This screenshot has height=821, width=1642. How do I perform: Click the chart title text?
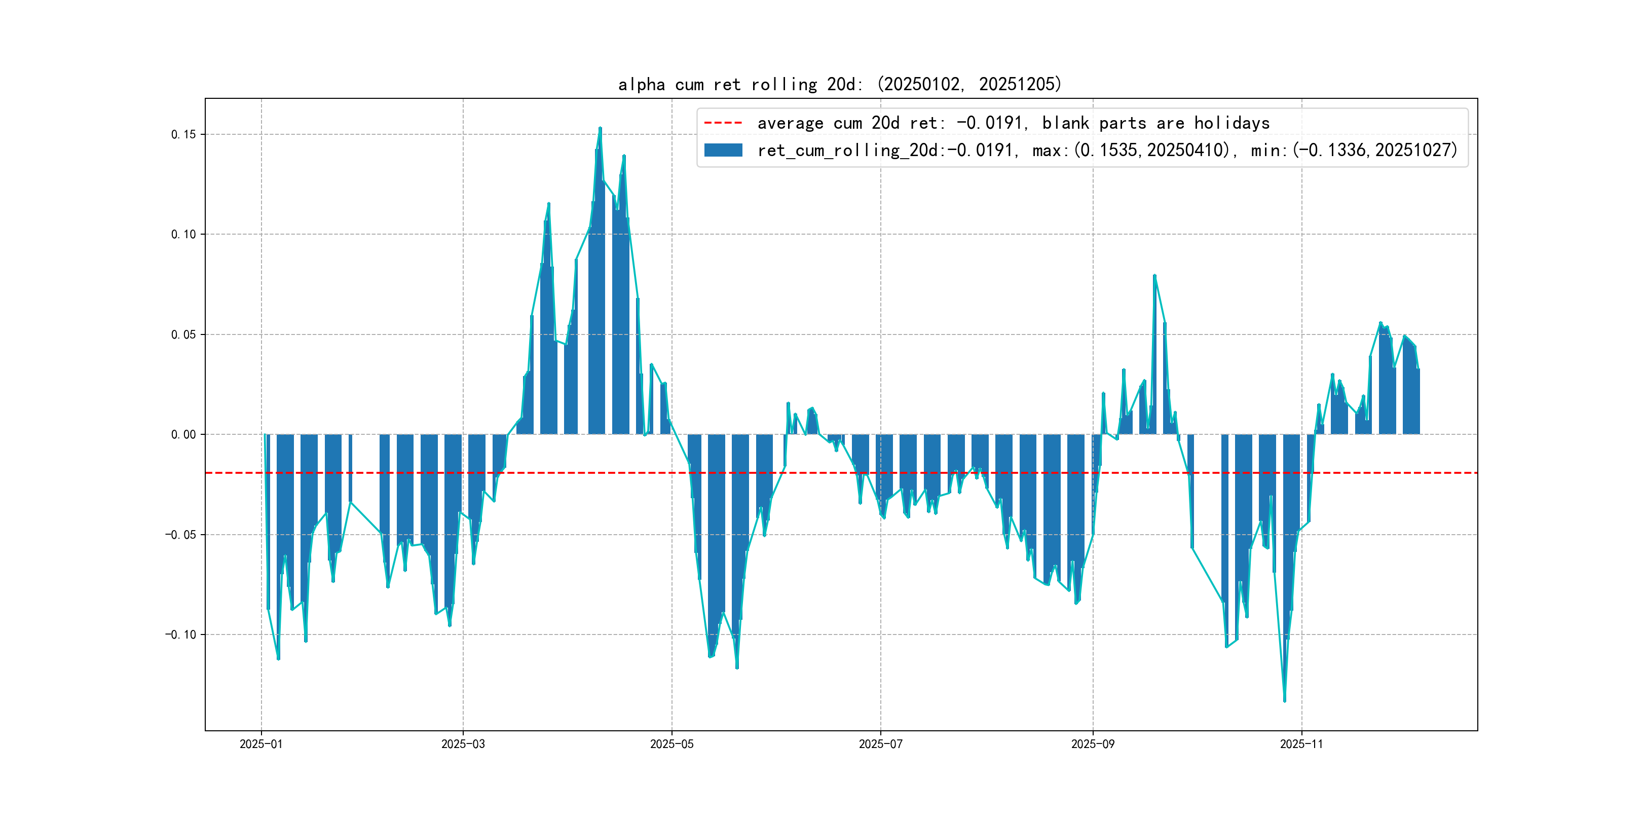click(x=839, y=84)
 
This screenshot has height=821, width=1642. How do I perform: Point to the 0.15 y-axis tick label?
click(x=183, y=134)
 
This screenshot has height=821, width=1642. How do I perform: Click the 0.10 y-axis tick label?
click(x=183, y=235)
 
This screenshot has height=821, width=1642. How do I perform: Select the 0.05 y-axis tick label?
click(x=183, y=334)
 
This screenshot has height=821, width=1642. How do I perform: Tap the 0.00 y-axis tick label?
click(x=183, y=435)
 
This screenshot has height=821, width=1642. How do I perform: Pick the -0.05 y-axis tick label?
click(x=180, y=535)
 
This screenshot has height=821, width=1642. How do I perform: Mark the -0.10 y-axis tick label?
click(x=180, y=635)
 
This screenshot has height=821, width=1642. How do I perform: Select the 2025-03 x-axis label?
click(x=463, y=744)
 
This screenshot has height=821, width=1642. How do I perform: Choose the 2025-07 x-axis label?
click(x=880, y=744)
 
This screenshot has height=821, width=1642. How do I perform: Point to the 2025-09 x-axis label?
click(x=1093, y=744)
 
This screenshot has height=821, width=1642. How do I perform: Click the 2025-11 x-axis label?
click(x=1301, y=744)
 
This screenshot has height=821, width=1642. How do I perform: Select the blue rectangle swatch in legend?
click(x=723, y=151)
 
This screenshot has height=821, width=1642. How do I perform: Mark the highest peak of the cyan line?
click(x=600, y=128)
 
